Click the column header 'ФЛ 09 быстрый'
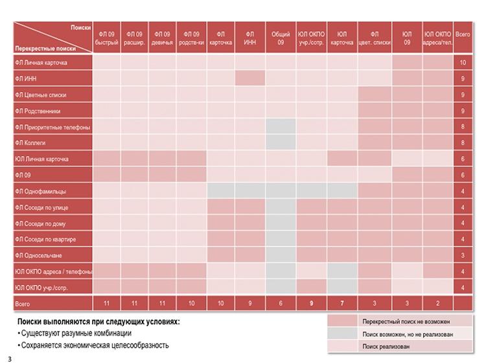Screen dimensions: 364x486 pyautogui.click(x=106, y=38)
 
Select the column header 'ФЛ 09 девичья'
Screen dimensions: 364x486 pyautogui.click(x=163, y=38)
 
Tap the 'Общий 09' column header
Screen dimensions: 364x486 pyautogui.click(x=281, y=38)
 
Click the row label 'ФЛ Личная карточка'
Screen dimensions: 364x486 pyautogui.click(x=41, y=63)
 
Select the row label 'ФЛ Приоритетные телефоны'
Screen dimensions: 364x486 pyautogui.click(x=52, y=127)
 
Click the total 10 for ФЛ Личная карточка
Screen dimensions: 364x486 pyautogui.click(x=463, y=63)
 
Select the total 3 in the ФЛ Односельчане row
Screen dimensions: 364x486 pyautogui.click(x=463, y=255)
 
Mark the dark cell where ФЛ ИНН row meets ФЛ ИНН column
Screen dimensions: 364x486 pyautogui.click(x=250, y=78)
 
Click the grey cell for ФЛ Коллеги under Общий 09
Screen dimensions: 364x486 pyautogui.click(x=281, y=142)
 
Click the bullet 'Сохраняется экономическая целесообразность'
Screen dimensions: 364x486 pyautogui.click(x=95, y=345)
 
